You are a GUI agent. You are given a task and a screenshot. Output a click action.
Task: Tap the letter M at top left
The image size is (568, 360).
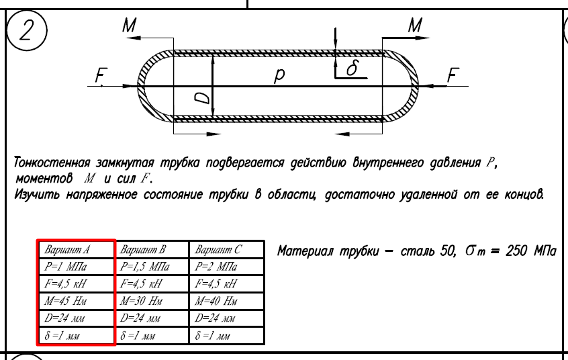pos(130,26)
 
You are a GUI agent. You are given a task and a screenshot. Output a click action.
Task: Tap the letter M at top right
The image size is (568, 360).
pos(416,26)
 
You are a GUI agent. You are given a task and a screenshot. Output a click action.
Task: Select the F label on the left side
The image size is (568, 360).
pos(101,76)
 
